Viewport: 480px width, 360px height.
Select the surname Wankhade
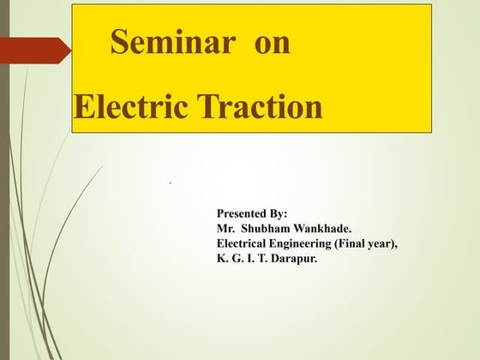323,227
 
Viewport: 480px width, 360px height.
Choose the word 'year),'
386,243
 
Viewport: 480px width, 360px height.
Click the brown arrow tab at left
34,50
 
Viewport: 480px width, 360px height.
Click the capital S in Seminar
120,45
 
